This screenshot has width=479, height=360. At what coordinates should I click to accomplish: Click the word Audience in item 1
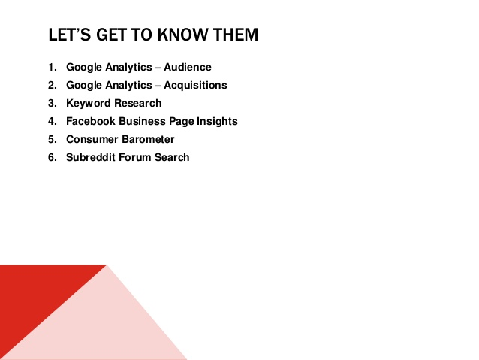coord(188,67)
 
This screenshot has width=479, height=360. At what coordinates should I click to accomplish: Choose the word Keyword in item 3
coord(88,103)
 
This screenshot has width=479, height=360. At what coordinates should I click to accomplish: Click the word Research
coord(137,103)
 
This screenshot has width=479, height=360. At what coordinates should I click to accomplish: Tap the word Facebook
coord(91,121)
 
